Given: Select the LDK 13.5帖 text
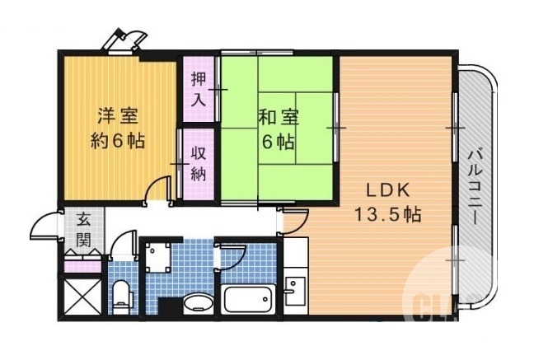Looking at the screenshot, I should coord(387,203).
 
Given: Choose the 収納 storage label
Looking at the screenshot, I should coord(199,162).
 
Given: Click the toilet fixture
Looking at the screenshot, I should coord(121,293).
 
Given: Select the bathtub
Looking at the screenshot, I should coord(249,299).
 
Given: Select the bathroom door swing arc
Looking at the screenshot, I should coord(230,256).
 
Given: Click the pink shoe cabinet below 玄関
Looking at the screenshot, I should coord(83,265).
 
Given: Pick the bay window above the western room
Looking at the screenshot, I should coord(127,40).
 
